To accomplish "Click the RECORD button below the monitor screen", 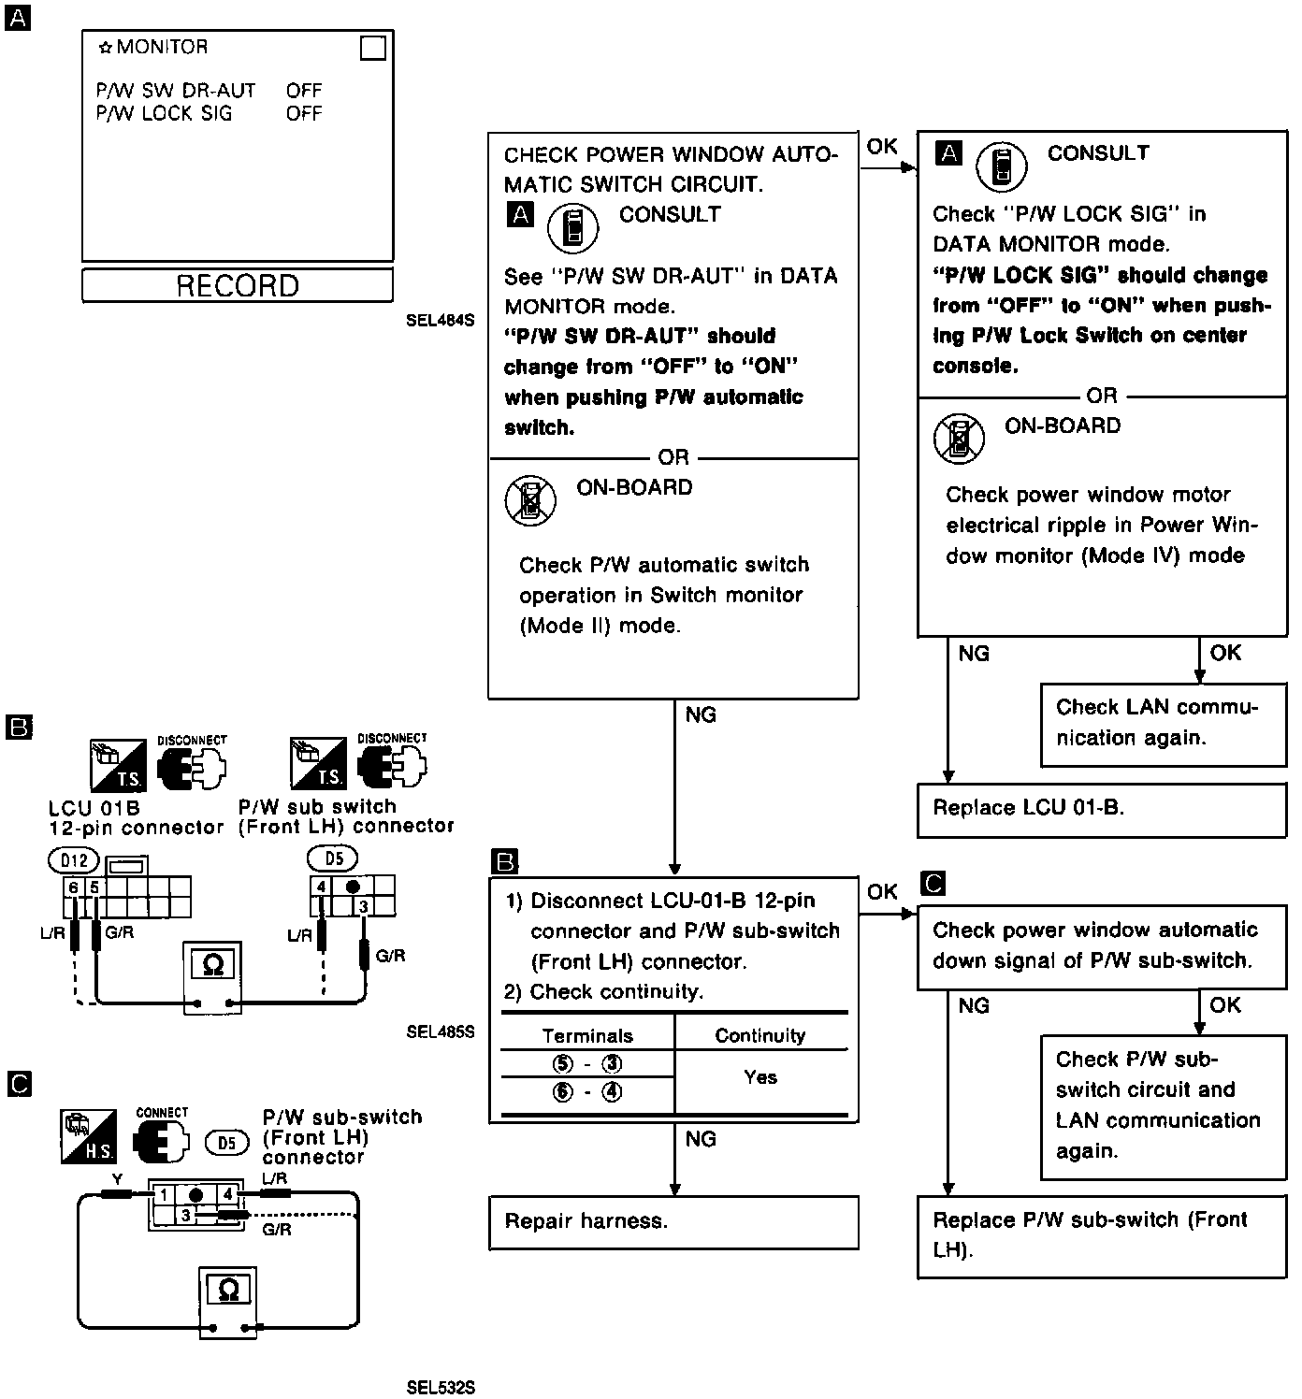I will pyautogui.click(x=238, y=285).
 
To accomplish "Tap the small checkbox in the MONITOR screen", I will pyautogui.click(x=373, y=48).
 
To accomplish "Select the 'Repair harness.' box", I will pyautogui.click(x=673, y=1222).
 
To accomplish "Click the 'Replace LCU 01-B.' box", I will pyautogui.click(x=1102, y=809).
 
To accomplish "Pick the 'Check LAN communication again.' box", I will pyautogui.click(x=1164, y=723).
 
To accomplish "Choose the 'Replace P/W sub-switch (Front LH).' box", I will pyautogui.click(x=1102, y=1234).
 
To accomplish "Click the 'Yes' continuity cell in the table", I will pyautogui.click(x=760, y=1077).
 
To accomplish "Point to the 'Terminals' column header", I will pyautogui.click(x=587, y=1036).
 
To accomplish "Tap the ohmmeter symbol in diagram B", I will pyautogui.click(x=212, y=964).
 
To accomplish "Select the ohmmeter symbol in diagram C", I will pyautogui.click(x=227, y=1291).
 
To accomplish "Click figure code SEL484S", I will pyautogui.click(x=441, y=321).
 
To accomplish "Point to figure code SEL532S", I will pyautogui.click(x=441, y=1388).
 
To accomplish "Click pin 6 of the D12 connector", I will pyautogui.click(x=73, y=887).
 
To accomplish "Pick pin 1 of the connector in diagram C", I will pyautogui.click(x=164, y=1194).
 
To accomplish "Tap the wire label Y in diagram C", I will pyautogui.click(x=116, y=1180).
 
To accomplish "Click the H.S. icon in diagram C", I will pyautogui.click(x=89, y=1136).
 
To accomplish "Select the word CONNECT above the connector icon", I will pyautogui.click(x=162, y=1113).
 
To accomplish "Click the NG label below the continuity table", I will pyautogui.click(x=701, y=1139).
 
